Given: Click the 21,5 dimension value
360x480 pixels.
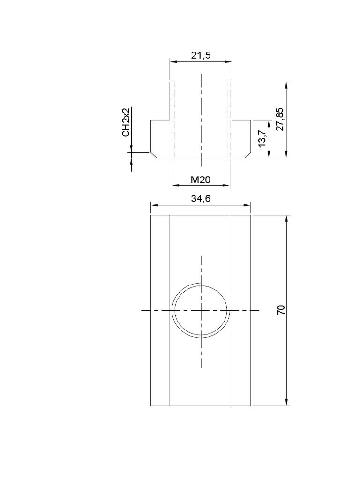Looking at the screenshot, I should pos(201,55).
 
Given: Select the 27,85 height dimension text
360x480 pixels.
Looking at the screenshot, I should pos(280,120).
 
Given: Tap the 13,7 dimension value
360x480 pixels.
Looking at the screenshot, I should pos(262,139).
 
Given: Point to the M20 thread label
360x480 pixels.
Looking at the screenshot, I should pos(201,180).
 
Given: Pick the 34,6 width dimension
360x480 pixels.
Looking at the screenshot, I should pos(201,199).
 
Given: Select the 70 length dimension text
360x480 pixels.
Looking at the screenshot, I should pos(281,310).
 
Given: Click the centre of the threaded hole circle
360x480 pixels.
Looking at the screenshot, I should pos(201,310).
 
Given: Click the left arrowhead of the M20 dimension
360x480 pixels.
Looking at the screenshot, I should pos(175,186).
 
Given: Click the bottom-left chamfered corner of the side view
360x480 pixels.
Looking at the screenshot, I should pos(153,155).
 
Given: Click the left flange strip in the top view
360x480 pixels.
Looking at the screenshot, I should pos(160,310).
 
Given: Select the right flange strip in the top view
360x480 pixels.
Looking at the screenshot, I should pos(241,310).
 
